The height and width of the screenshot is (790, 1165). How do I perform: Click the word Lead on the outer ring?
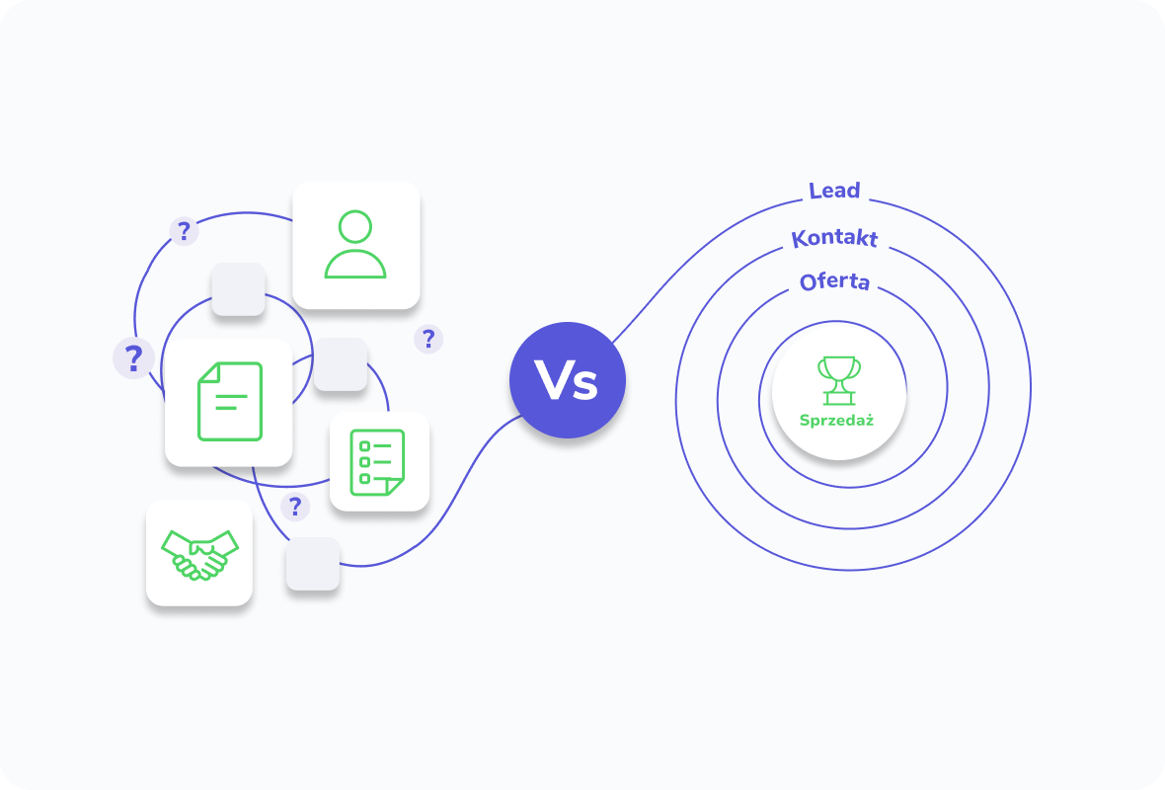(834, 191)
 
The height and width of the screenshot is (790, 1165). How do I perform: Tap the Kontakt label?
(834, 238)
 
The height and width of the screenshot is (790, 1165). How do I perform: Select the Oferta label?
(834, 281)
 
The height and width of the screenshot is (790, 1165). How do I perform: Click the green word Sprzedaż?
(836, 421)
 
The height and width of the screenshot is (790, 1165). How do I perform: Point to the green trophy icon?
(839, 380)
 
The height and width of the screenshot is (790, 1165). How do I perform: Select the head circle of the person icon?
(355, 227)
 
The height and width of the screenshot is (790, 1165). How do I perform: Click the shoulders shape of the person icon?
(355, 264)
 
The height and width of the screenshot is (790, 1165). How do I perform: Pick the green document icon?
(230, 401)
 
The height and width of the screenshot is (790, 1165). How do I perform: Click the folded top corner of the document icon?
(208, 372)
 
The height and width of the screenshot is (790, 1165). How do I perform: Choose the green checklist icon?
(377, 462)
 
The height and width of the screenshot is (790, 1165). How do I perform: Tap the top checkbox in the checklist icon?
(365, 446)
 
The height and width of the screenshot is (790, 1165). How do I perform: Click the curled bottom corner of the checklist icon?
(395, 487)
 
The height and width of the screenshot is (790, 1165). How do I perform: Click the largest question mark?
(133, 358)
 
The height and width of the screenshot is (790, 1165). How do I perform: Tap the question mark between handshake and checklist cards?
(295, 507)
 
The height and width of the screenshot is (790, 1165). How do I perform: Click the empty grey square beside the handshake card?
(313, 564)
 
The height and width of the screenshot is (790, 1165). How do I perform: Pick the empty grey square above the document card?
(239, 289)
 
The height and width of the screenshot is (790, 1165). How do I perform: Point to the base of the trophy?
(839, 400)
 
